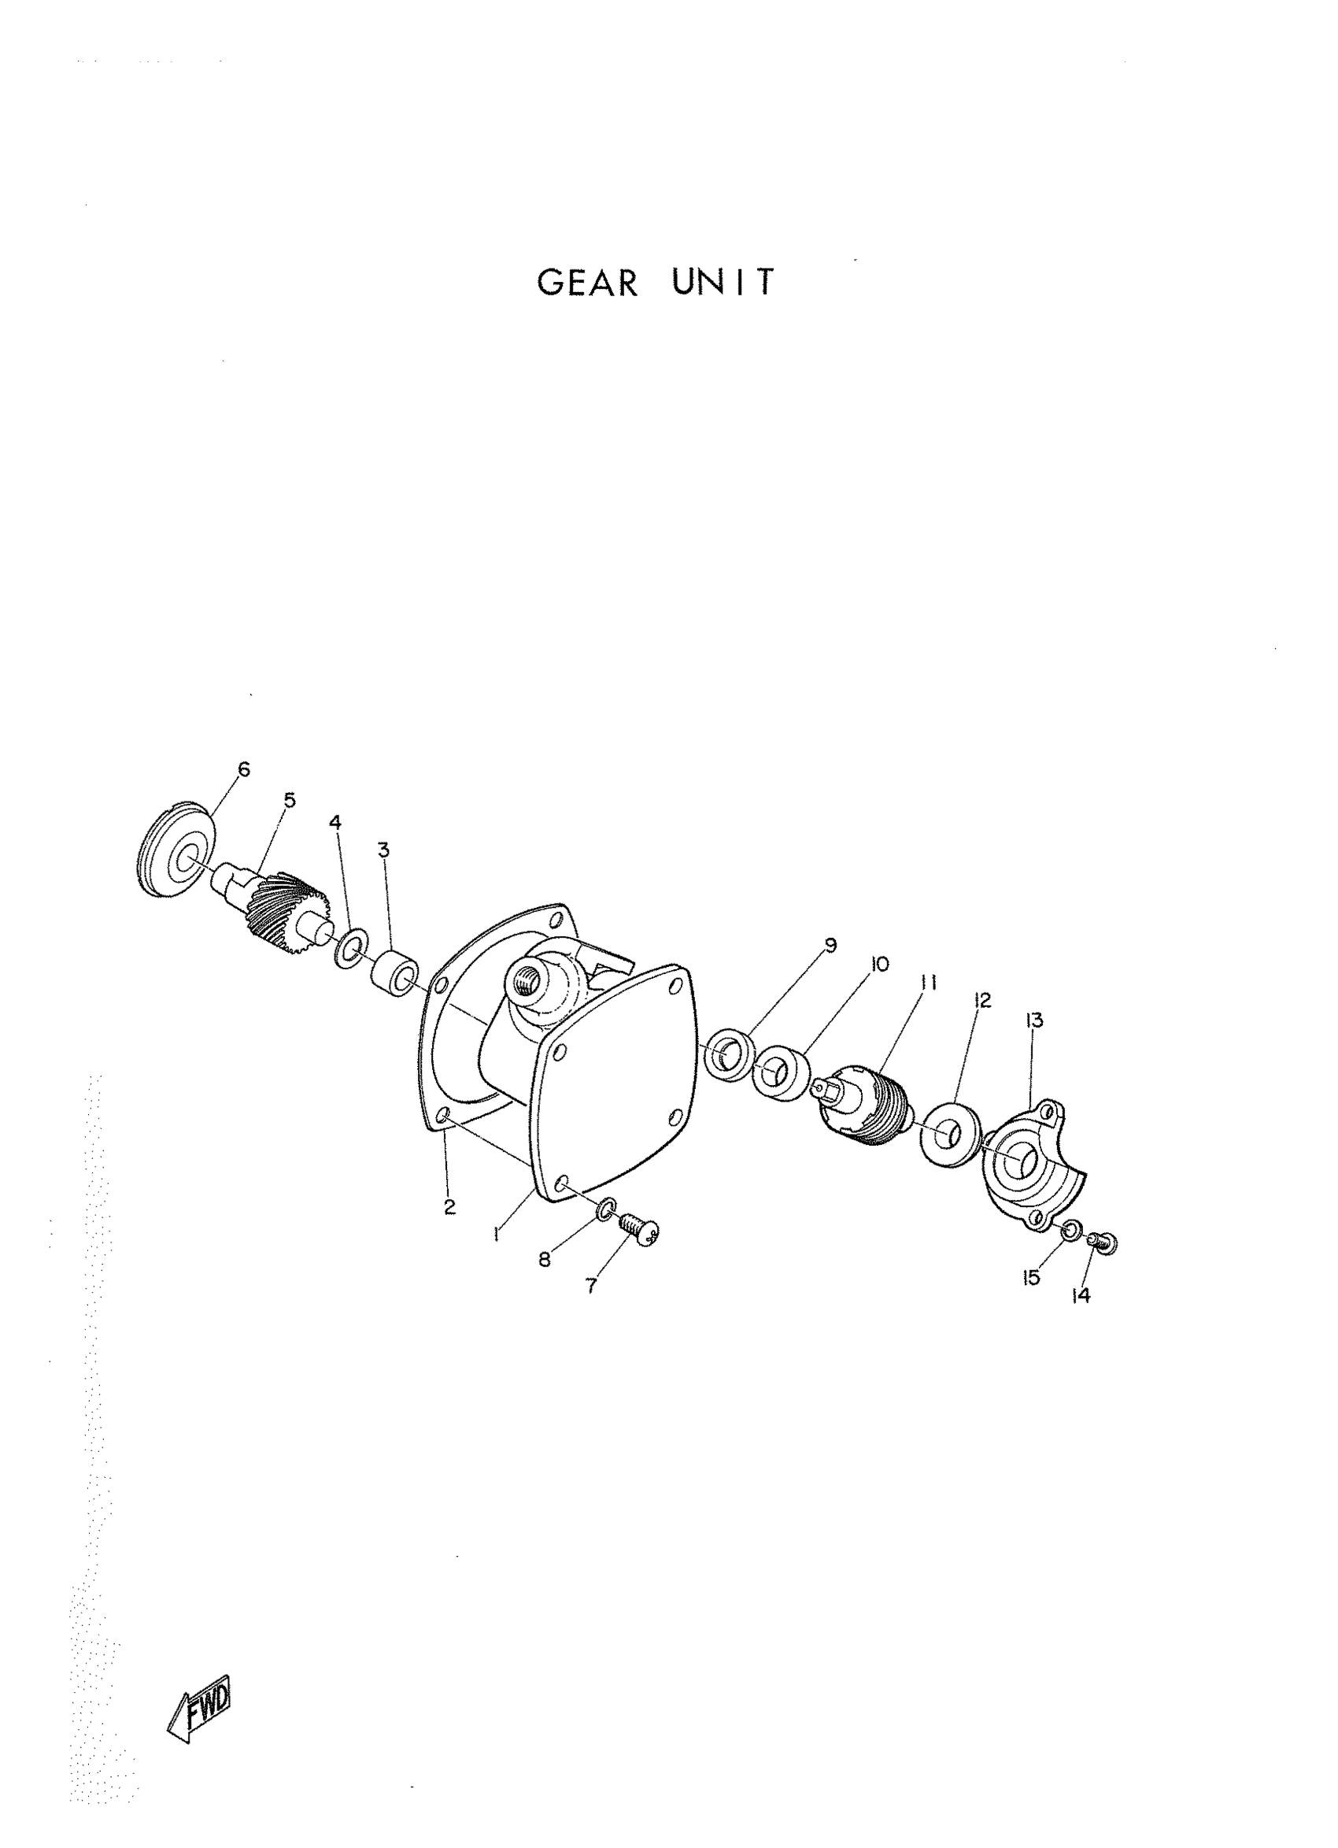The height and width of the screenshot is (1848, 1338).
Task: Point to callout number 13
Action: (x=1035, y=1020)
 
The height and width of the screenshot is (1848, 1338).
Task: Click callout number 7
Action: (x=591, y=1286)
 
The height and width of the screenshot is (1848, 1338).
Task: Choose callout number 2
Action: (x=449, y=1208)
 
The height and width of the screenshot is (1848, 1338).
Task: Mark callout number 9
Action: (x=830, y=945)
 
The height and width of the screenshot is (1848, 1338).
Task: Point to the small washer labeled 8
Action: (x=605, y=1211)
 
